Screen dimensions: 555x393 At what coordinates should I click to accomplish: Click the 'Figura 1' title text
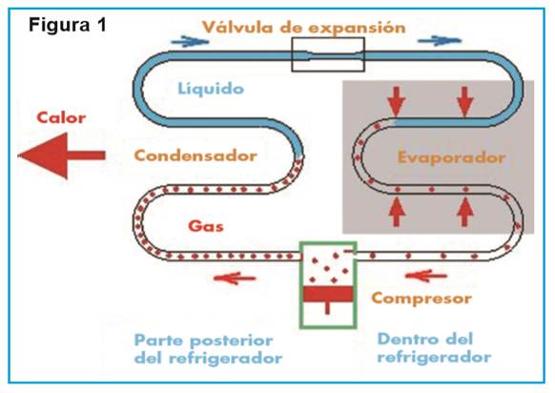[68, 25]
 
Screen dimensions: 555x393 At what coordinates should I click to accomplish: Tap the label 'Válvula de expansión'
[303, 28]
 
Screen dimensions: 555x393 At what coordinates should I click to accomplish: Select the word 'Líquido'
[211, 88]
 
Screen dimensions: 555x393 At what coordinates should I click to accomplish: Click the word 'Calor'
[61, 117]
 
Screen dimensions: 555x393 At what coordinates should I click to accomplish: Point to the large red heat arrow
[62, 155]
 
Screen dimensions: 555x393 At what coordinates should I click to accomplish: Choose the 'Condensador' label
[195, 155]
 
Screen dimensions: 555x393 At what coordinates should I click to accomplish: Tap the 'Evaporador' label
[451, 157]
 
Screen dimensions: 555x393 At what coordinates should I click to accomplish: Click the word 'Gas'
[206, 226]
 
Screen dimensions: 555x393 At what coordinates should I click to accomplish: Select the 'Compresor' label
[421, 299]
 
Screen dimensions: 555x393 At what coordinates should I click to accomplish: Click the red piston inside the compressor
[328, 294]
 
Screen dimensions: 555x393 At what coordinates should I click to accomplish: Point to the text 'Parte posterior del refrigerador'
[208, 349]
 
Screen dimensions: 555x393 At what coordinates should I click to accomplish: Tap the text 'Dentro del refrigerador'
[434, 347]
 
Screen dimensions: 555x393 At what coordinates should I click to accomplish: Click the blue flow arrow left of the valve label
[190, 41]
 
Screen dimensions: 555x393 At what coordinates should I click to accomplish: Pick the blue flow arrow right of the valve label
[440, 40]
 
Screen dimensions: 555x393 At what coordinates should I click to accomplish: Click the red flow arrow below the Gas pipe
[235, 278]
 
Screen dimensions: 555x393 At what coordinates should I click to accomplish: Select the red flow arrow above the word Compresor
[426, 276]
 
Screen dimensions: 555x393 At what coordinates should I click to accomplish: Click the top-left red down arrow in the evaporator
[397, 102]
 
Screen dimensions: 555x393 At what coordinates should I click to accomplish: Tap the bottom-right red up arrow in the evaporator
[465, 212]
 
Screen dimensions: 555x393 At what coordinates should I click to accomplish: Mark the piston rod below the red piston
[327, 308]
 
